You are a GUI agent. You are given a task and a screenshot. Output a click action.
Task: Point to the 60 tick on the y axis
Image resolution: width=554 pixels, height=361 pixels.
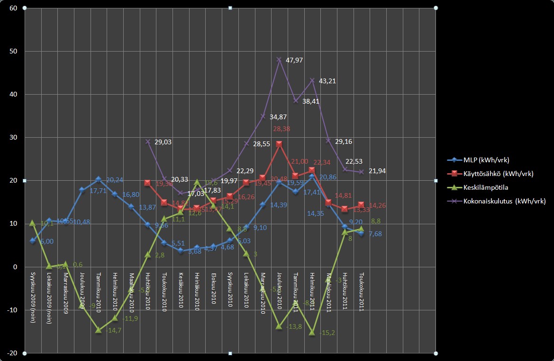(x=13, y=8)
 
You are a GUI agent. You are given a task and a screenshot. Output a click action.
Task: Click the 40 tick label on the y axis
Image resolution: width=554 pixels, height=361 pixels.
(x=13, y=94)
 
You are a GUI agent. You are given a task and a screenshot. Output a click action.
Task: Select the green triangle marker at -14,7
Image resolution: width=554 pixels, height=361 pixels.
(x=99, y=330)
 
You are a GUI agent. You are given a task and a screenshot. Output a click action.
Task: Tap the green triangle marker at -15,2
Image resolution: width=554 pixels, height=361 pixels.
(x=312, y=332)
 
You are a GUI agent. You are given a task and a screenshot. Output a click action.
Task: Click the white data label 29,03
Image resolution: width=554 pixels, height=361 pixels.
(x=164, y=141)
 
